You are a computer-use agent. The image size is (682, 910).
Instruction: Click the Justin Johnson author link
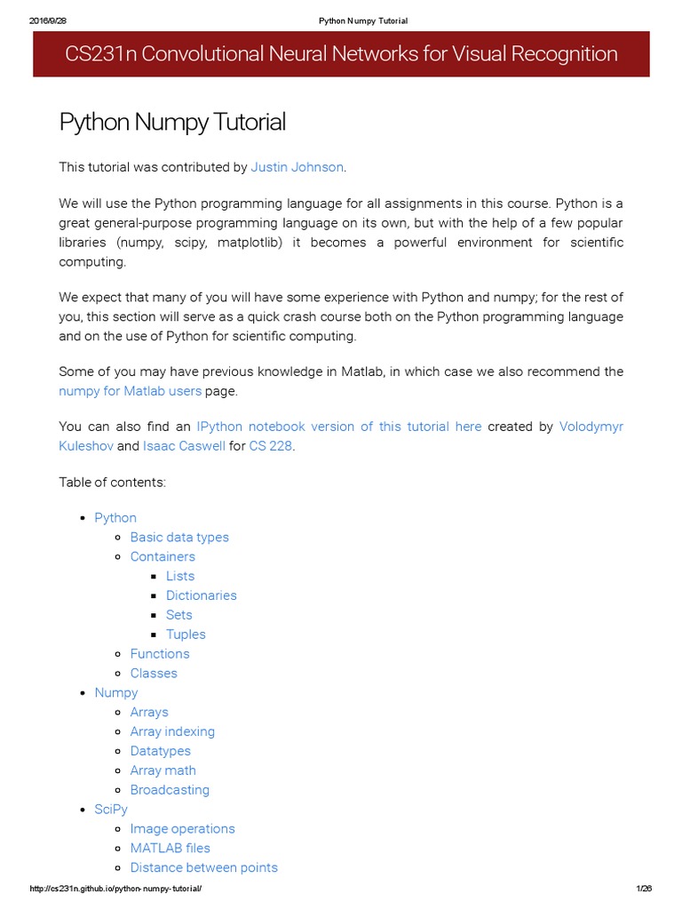click(x=297, y=167)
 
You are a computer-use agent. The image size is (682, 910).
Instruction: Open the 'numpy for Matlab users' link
click(x=130, y=391)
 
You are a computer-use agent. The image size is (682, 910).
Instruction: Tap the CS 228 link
click(x=270, y=446)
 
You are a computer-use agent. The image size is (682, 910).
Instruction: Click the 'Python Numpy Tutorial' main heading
click(x=172, y=122)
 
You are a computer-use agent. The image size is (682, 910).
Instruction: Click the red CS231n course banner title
click(x=341, y=54)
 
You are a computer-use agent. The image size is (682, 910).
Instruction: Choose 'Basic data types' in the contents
click(x=179, y=538)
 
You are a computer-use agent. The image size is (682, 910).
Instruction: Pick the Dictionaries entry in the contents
click(x=202, y=595)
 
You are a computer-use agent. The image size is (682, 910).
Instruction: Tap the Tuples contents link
click(x=186, y=635)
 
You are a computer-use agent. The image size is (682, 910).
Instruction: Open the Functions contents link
click(x=160, y=654)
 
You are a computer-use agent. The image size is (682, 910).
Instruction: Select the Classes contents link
click(x=154, y=674)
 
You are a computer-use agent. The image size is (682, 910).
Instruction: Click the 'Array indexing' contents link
click(x=172, y=731)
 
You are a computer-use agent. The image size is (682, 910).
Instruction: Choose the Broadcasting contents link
click(x=170, y=790)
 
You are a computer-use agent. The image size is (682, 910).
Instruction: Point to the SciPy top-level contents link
click(x=111, y=810)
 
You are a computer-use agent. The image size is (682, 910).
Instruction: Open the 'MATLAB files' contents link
click(x=170, y=848)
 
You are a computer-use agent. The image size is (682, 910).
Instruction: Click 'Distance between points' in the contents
click(x=203, y=867)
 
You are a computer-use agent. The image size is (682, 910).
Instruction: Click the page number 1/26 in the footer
click(x=644, y=890)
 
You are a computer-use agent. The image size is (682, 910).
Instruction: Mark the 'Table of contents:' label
click(x=112, y=482)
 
